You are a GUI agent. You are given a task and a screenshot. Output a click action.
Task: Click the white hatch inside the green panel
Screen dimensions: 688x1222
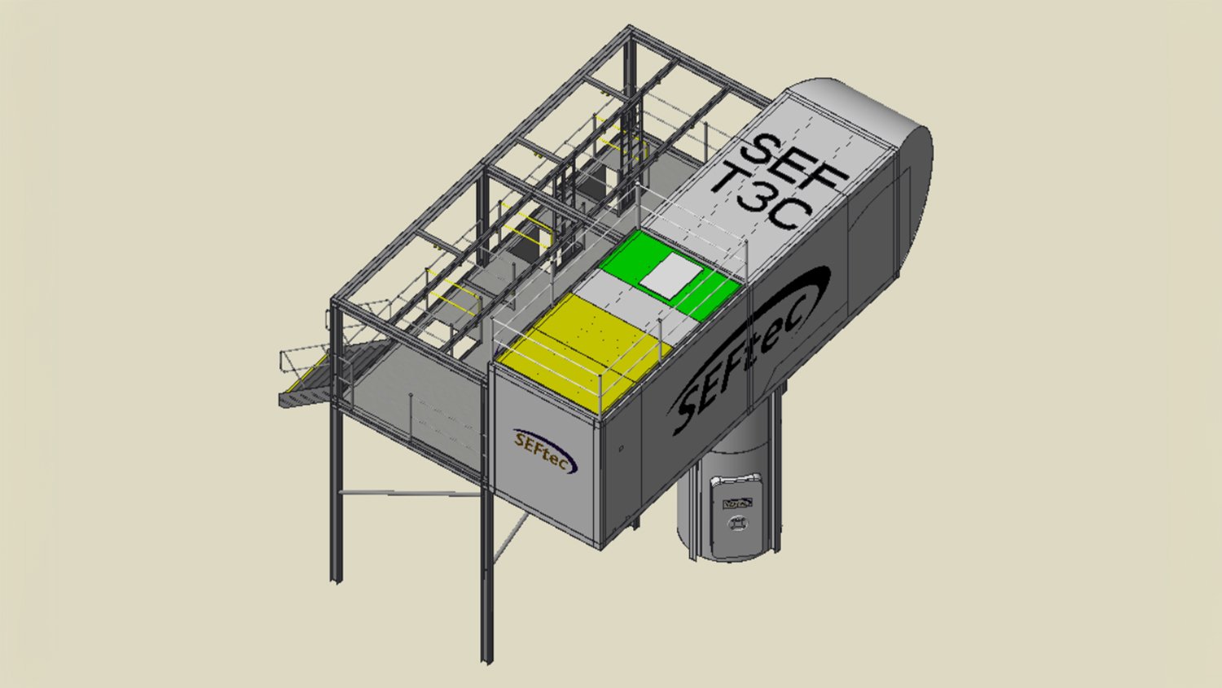670,274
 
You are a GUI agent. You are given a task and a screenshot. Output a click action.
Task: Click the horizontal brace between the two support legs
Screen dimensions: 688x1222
407,493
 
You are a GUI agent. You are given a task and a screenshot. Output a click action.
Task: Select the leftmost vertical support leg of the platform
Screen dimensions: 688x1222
336,489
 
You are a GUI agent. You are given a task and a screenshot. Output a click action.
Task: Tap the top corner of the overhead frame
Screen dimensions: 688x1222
630,31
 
